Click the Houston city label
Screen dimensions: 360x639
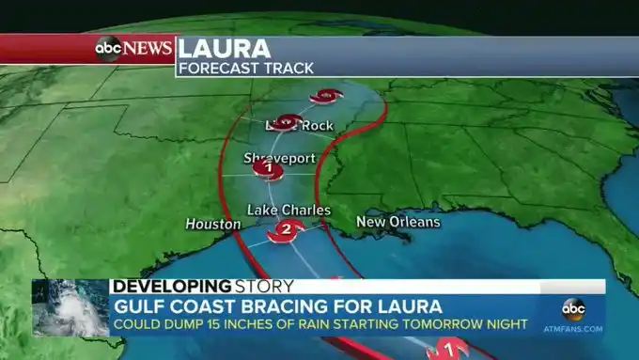(207, 224)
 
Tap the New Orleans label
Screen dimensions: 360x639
(397, 222)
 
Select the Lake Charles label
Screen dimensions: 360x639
(288, 210)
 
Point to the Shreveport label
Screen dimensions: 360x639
(280, 158)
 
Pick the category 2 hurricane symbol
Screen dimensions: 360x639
(284, 230)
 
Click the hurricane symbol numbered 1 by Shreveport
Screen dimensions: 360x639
(269, 169)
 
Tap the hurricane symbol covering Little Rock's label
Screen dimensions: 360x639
(289, 121)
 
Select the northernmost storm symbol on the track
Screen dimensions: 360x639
(327, 95)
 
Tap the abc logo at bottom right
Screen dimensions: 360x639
(573, 309)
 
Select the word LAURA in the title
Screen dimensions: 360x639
(224, 48)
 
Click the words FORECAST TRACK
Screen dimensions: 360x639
(246, 67)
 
